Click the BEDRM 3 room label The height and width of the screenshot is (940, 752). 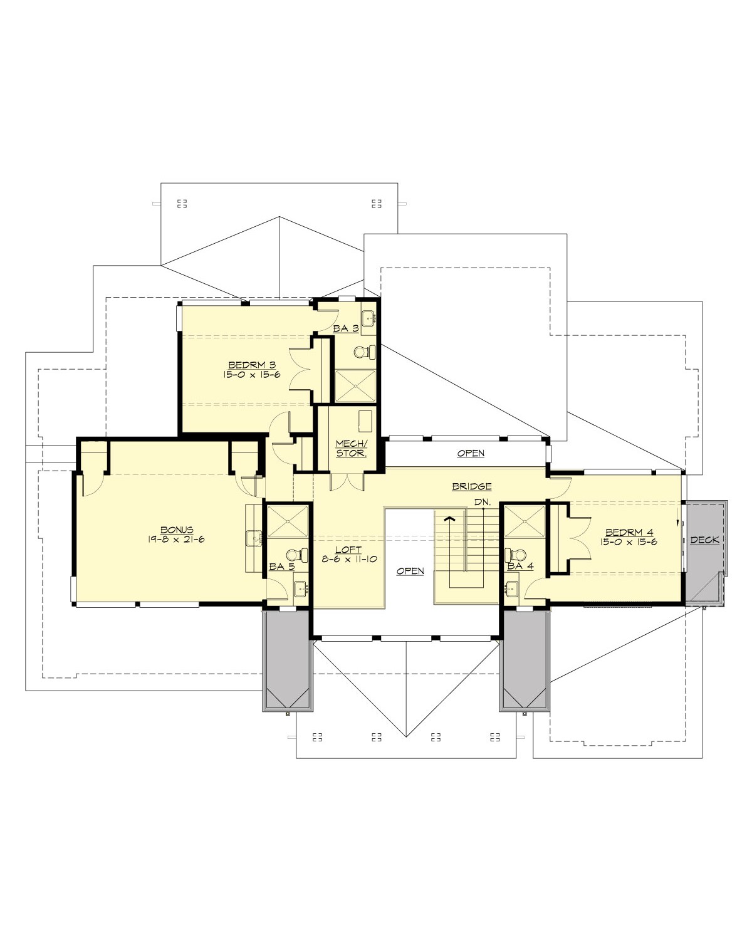coord(252,364)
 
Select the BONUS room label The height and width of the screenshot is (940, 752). coord(177,530)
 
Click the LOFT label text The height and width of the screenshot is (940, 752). coord(348,550)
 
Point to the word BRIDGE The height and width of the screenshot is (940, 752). coord(471,486)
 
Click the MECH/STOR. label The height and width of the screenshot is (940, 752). coord(350,448)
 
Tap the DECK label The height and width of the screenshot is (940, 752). coord(704,540)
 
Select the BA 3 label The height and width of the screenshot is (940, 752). coord(346,328)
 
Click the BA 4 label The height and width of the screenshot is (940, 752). coord(520,566)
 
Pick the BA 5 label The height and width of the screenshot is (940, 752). coord(281,566)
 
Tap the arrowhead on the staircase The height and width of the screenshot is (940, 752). coord(449,518)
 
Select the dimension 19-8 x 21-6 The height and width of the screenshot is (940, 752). coord(177,539)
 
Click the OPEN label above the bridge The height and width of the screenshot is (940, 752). coord(470,453)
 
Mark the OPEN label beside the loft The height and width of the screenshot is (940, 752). coord(410,571)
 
